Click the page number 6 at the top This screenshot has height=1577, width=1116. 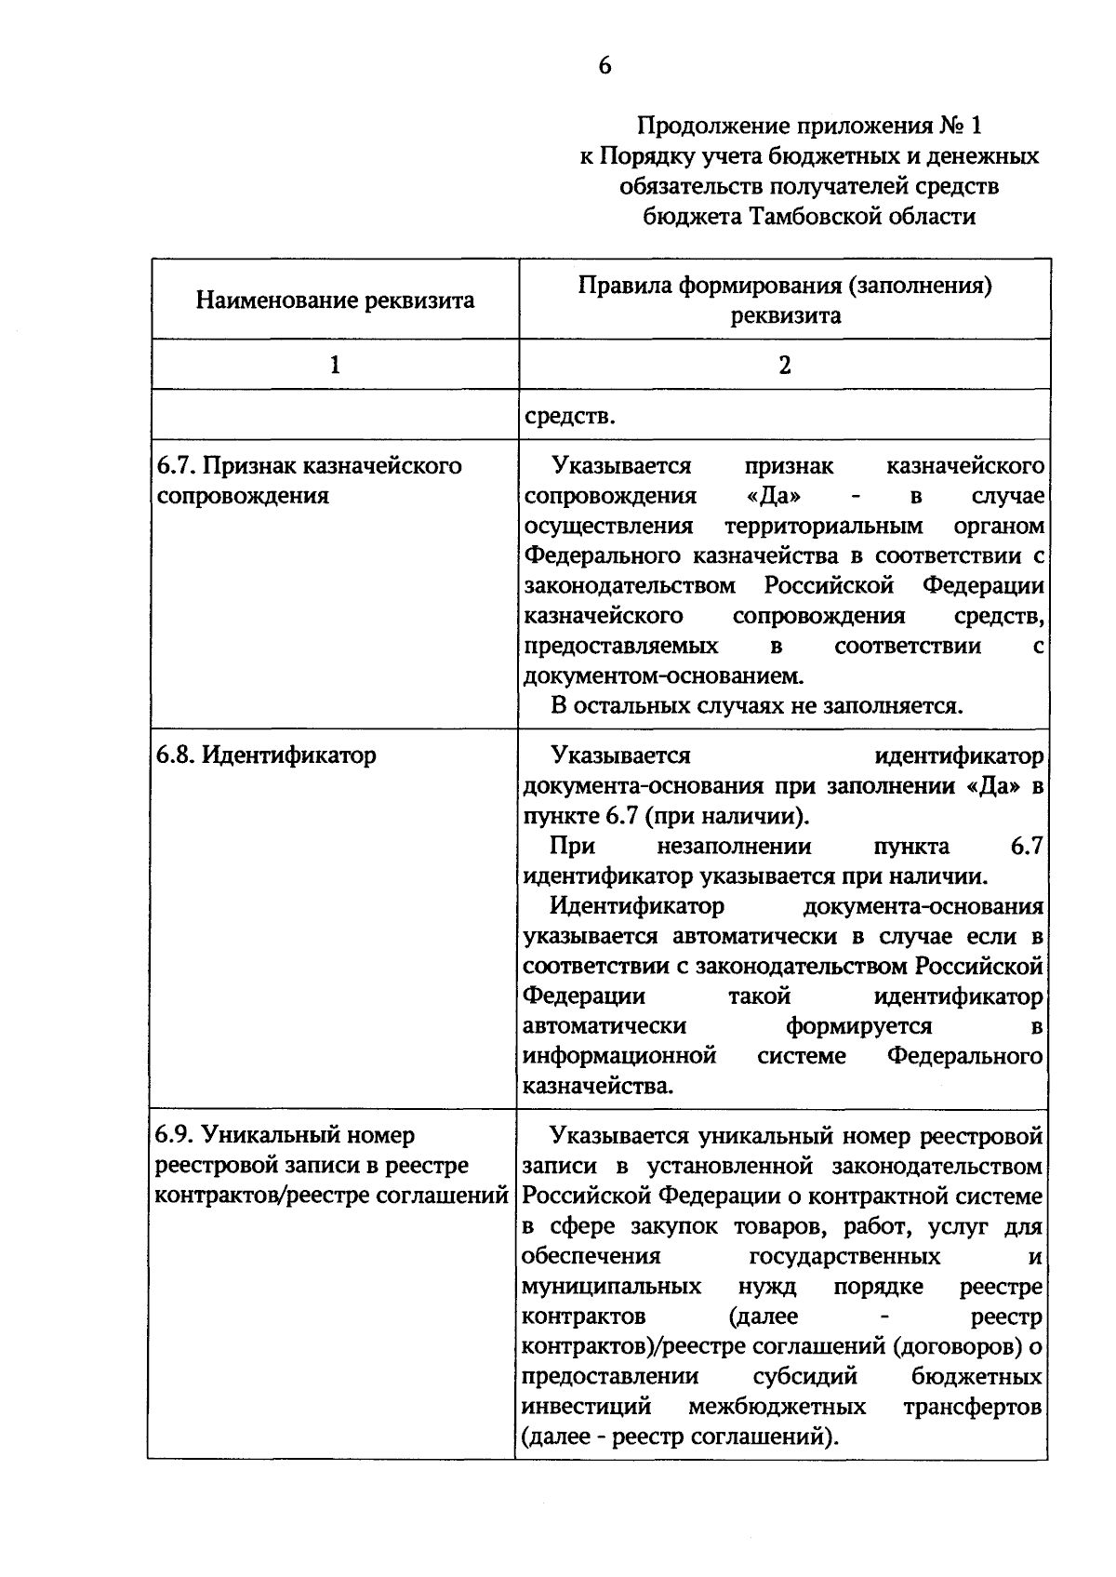click(x=604, y=66)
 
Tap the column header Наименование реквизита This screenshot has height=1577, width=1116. click(x=335, y=301)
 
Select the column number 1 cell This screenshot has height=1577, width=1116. click(x=335, y=365)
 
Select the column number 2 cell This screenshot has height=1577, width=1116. click(x=784, y=365)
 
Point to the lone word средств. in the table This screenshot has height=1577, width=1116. click(x=569, y=416)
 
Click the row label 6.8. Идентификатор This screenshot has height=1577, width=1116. click(x=266, y=755)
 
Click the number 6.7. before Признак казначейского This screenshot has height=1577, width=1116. click(x=176, y=465)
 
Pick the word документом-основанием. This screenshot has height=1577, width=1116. click(x=663, y=675)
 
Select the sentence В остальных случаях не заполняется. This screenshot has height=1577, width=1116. click(x=756, y=705)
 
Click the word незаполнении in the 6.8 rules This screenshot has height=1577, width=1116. click(x=734, y=847)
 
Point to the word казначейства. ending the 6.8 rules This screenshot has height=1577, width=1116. click(x=597, y=1086)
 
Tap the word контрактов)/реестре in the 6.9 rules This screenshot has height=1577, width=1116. click(x=633, y=1346)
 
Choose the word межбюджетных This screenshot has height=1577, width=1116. click(x=777, y=1406)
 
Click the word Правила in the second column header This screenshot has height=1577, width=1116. click(x=624, y=286)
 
